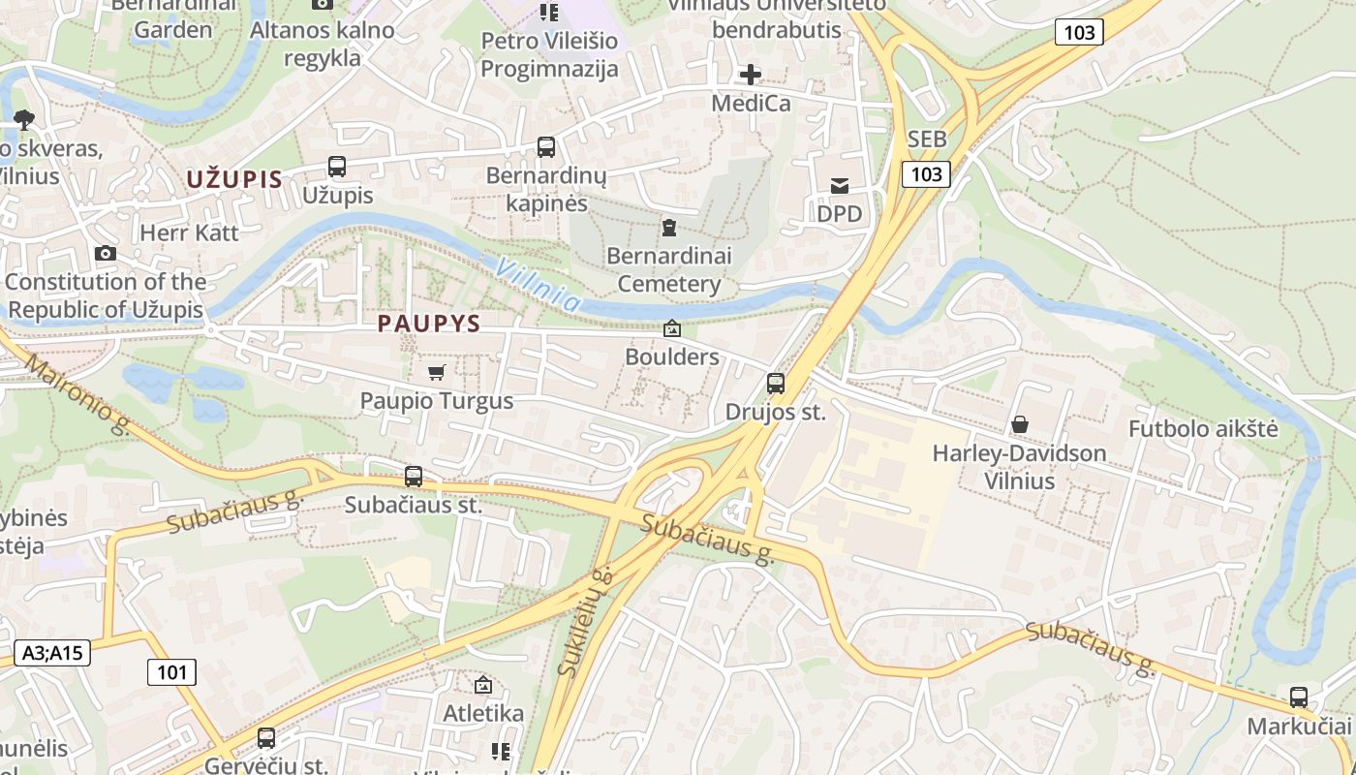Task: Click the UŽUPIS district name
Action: (x=233, y=179)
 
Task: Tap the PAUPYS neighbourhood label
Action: (x=429, y=324)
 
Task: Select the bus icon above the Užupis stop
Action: (x=337, y=167)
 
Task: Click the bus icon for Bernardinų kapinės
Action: (x=546, y=147)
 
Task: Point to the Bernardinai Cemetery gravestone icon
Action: (x=668, y=228)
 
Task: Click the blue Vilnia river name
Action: (x=538, y=286)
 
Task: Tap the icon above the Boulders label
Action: (x=671, y=329)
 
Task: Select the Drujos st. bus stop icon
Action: (x=776, y=384)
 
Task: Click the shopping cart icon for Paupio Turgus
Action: (x=436, y=372)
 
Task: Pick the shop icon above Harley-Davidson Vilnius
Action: (x=1019, y=424)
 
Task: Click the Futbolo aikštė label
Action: (x=1203, y=429)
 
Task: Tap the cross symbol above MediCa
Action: (x=751, y=75)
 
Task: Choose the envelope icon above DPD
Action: (x=839, y=186)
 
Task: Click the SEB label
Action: (x=927, y=139)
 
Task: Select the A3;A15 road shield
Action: (x=53, y=653)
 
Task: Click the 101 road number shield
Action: (x=171, y=672)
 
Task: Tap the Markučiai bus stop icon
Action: (x=1298, y=697)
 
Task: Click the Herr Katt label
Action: (x=189, y=232)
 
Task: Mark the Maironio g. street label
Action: (x=77, y=395)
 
